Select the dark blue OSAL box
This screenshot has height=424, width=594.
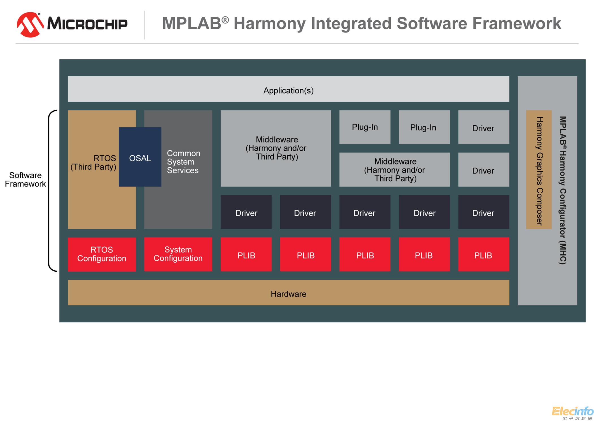point(140,157)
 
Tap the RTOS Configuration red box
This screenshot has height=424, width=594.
point(102,254)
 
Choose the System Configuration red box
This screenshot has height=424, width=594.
point(178,254)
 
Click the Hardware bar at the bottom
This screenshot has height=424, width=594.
point(288,293)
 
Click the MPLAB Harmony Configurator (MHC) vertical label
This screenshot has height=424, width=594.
point(563,190)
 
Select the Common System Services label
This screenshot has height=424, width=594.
point(183,162)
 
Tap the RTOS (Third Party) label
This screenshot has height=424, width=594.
point(94,163)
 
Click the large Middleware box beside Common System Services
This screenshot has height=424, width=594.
point(276,148)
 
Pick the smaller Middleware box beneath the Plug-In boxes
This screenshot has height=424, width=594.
point(395,170)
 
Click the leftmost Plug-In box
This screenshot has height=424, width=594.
point(365,127)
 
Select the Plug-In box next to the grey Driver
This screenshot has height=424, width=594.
point(424,127)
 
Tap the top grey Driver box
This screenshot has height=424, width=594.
point(483,128)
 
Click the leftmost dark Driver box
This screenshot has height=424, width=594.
point(246,212)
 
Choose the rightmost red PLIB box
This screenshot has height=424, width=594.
point(483,255)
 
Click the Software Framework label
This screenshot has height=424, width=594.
point(25,180)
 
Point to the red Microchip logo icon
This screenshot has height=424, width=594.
point(30,25)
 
